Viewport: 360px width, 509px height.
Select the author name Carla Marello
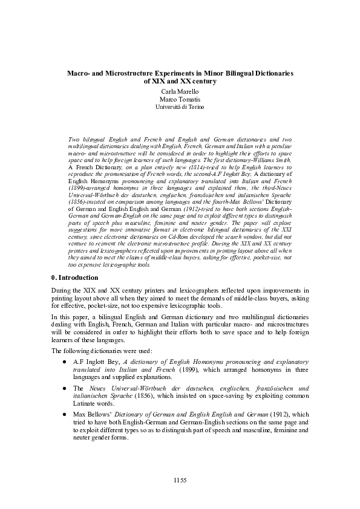[180, 91]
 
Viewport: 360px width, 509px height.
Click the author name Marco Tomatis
[180, 99]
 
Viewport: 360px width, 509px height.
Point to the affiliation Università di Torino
[180, 106]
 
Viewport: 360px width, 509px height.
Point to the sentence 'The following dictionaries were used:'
[102, 350]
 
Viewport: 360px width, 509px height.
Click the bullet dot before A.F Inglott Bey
[64, 361]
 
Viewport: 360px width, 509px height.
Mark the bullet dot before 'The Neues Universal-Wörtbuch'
[64, 388]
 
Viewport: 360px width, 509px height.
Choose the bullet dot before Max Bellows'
[64, 415]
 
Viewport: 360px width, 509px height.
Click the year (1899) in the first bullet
[177, 369]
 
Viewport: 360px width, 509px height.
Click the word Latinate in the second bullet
[85, 403]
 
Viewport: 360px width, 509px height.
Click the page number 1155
[180, 480]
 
